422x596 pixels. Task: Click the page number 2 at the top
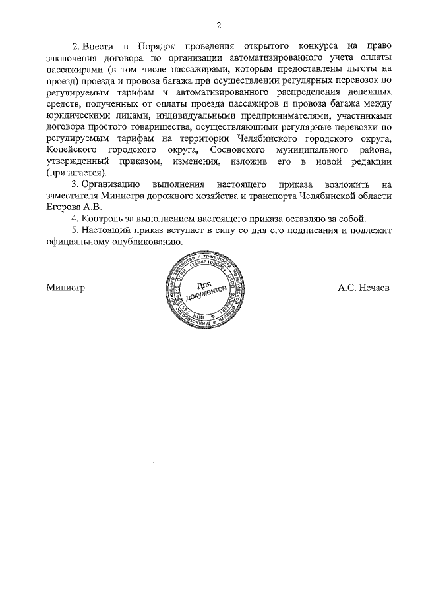[x=218, y=26]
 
